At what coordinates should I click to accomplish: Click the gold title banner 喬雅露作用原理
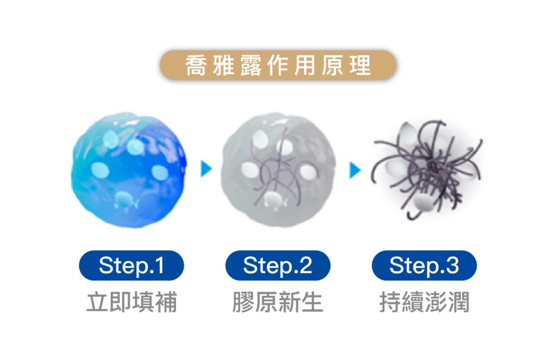(278, 66)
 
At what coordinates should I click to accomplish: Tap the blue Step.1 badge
(131, 266)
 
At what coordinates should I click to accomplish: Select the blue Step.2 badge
(278, 266)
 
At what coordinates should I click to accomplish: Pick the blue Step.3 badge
(424, 266)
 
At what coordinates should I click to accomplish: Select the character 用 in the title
(305, 66)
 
